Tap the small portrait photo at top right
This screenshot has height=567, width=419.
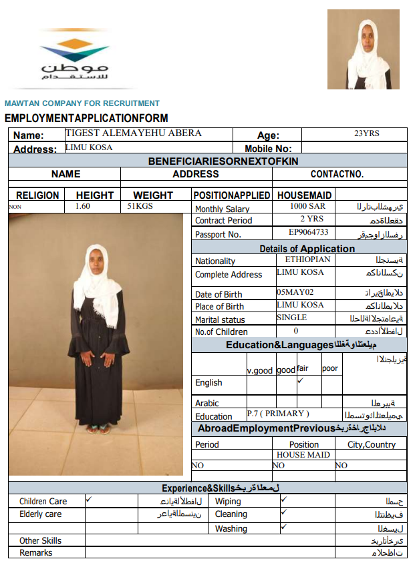363,49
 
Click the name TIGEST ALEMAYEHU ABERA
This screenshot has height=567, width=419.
133,133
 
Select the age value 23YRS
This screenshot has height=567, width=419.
366,133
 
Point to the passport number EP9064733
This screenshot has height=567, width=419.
308,232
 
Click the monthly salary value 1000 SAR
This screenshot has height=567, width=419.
307,207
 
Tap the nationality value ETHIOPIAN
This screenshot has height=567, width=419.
307,259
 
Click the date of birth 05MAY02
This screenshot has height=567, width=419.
295,292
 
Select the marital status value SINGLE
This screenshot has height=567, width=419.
292,318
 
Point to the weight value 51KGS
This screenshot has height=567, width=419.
140,206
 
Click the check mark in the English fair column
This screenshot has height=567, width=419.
300,381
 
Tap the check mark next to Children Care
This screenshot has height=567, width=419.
89,499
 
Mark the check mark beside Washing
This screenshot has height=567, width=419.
284,526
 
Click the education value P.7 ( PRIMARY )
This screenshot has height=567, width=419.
278,414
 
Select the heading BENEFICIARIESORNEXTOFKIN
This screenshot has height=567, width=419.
223,161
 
